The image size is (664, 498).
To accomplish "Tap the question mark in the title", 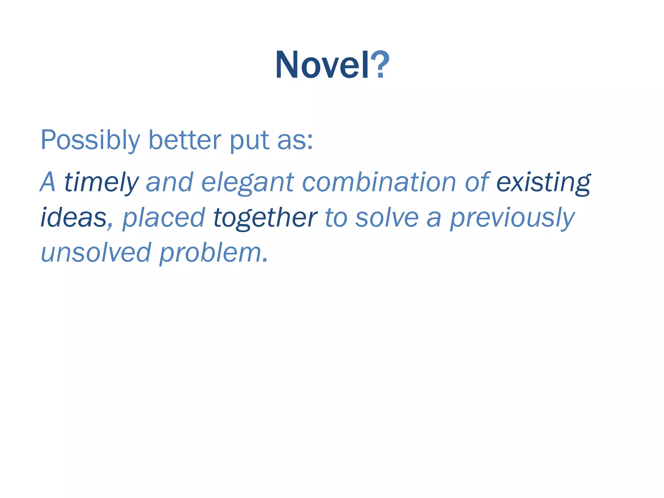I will (x=380, y=65).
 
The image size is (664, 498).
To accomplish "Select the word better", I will (x=185, y=140).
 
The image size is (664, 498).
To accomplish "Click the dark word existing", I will (x=543, y=183).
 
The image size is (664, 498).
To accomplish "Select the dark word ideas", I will (x=73, y=218).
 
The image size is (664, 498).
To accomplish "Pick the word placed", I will (x=163, y=218).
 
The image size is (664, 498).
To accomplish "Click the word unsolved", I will (x=96, y=253).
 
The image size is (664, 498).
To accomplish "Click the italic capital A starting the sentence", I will (x=48, y=183).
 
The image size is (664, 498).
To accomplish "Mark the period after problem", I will (x=266, y=260).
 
